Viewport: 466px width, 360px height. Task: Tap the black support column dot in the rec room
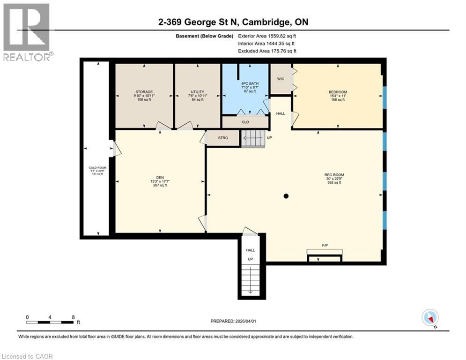(286, 196)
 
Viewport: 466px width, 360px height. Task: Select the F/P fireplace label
(324, 245)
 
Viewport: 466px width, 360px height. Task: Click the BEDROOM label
(337, 91)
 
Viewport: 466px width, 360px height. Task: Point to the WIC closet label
(281, 79)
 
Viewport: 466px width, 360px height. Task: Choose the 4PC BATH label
(246, 83)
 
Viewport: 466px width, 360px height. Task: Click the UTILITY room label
(197, 91)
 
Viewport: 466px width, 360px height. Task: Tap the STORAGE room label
(144, 91)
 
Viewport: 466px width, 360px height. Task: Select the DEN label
(159, 178)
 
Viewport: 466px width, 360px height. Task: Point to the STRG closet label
(223, 138)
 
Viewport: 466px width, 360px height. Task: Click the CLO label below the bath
(245, 122)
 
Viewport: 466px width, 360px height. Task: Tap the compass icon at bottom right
(429, 317)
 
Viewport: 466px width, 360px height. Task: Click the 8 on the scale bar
(73, 317)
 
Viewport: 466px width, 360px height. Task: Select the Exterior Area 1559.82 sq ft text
(267, 36)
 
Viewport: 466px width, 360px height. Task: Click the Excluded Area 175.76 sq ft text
(267, 51)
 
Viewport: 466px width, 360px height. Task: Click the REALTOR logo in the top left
(26, 30)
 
